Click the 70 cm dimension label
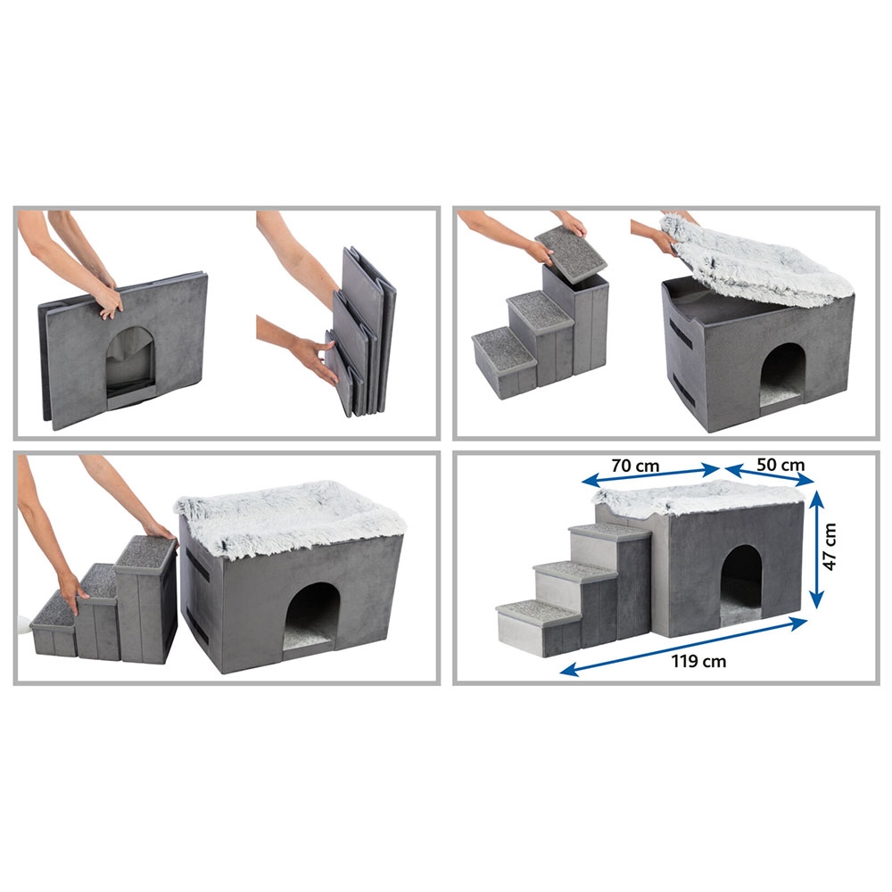635,466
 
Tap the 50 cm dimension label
780,465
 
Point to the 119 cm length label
698,661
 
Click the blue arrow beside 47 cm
816,549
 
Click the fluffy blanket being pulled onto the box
756,259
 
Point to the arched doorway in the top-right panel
782,372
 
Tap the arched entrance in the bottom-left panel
311,616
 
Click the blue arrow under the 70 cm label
650,476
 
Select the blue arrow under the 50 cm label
769,475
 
